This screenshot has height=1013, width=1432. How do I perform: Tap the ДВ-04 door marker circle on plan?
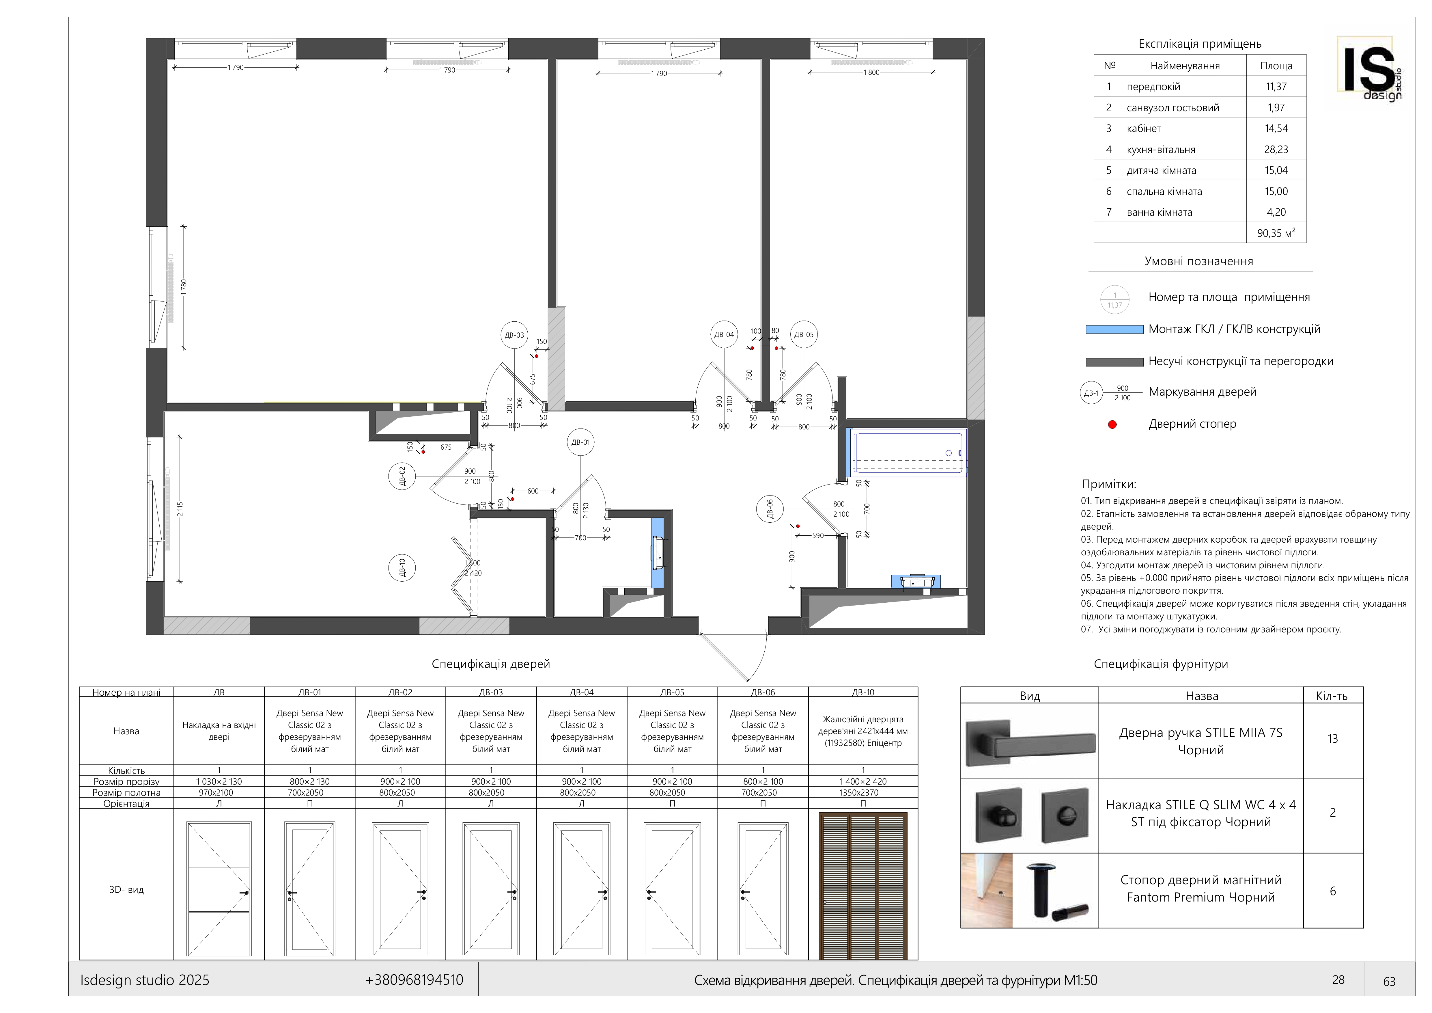coord(724,334)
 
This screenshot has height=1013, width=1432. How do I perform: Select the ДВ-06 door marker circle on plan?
coord(770,509)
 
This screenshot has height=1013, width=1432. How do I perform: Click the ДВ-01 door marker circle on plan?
coord(581,442)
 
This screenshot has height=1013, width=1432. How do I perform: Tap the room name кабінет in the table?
coord(1144,129)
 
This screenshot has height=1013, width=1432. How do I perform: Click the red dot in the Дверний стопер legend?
coord(1112,425)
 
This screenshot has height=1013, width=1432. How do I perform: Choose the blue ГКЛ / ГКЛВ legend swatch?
coord(1114,329)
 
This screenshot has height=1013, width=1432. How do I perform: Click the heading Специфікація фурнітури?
coord(1161,664)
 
